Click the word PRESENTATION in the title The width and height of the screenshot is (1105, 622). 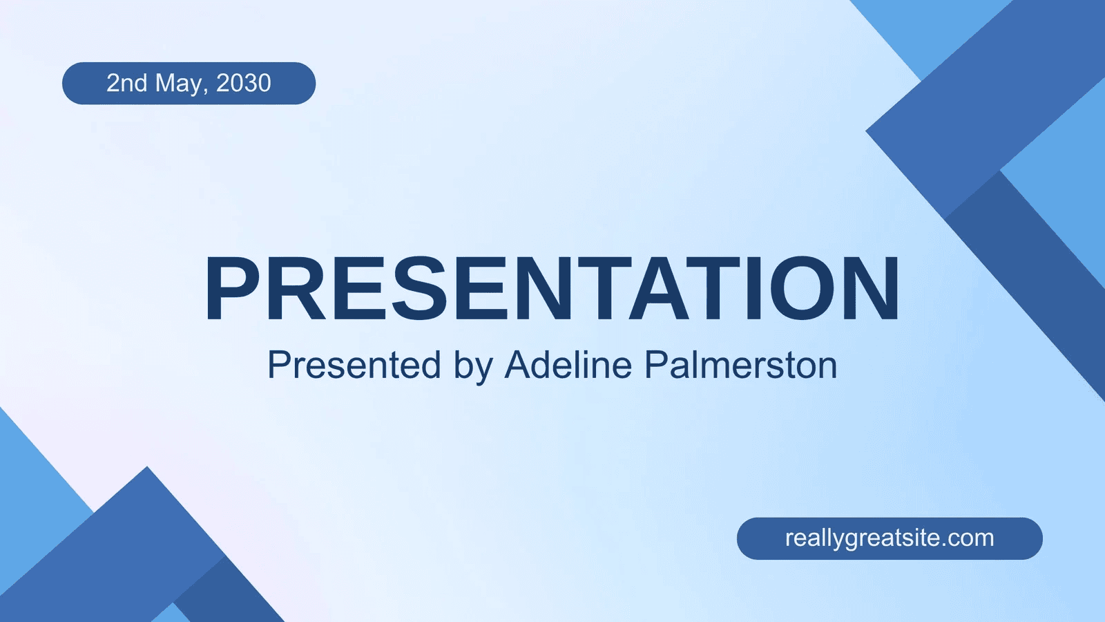(x=552, y=288)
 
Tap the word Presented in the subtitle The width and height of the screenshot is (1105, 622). (x=354, y=365)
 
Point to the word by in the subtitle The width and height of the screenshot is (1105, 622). (x=473, y=368)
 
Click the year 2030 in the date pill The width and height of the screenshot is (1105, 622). (x=244, y=83)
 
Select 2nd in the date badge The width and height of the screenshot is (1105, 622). (x=127, y=83)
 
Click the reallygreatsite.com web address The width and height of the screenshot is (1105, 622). (x=890, y=538)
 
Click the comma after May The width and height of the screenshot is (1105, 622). (x=206, y=91)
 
